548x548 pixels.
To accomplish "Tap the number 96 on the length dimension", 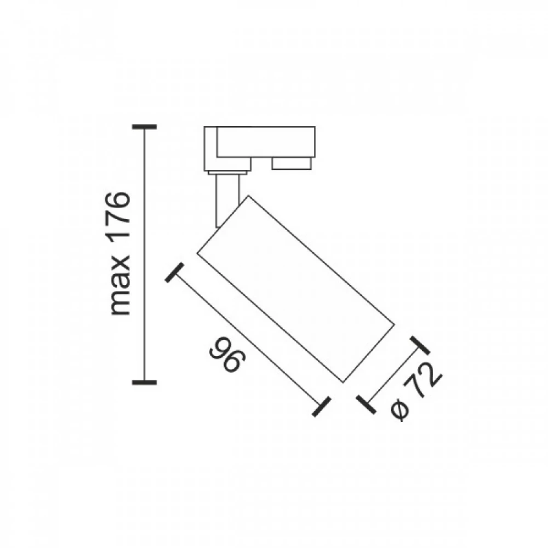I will [225, 356].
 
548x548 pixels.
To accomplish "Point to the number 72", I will [425, 382].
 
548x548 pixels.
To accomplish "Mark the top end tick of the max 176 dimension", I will [145, 127].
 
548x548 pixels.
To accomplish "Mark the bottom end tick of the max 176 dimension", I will [145, 381].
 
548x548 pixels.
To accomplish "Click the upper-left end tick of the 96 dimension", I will [173, 273].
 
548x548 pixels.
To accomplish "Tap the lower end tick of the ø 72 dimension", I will [365, 404].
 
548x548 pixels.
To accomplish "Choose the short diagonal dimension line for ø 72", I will [392, 375].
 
